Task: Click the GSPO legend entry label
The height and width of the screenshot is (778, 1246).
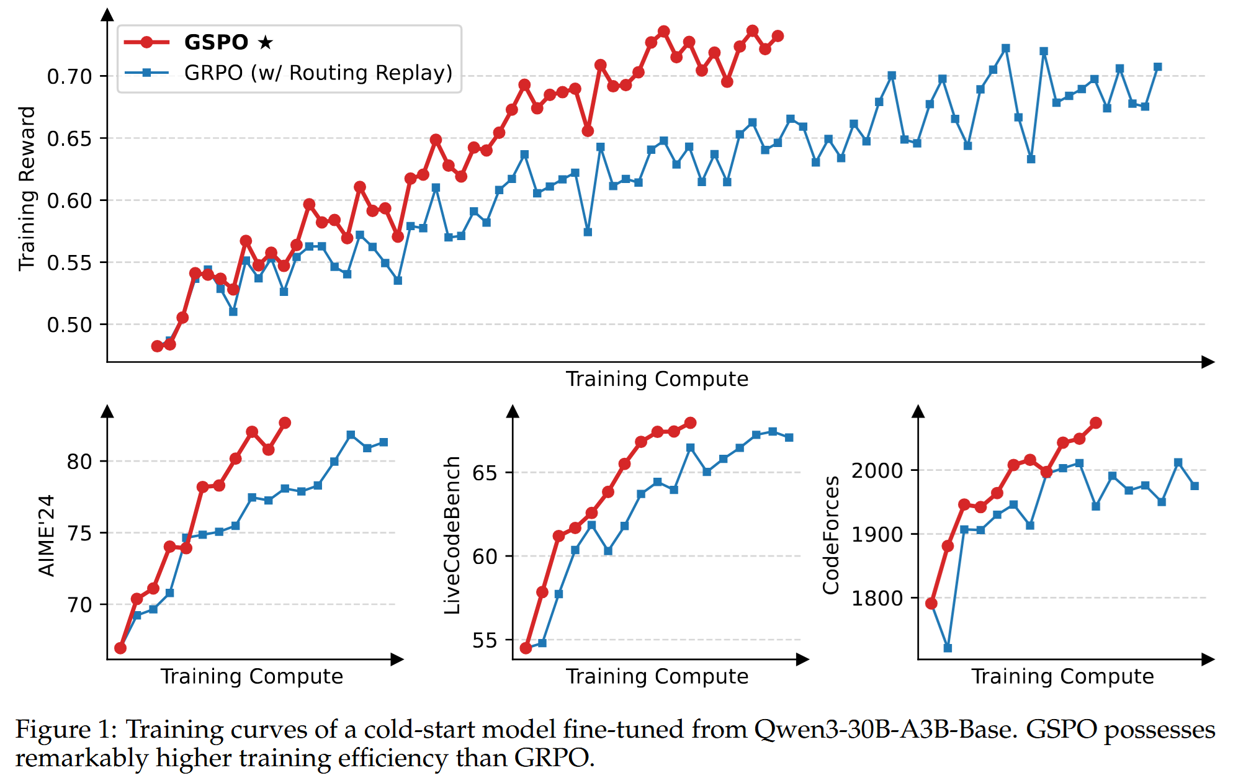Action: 216,42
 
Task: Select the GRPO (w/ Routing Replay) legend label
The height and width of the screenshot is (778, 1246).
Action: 318,73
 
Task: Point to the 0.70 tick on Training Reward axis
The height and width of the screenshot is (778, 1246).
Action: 69,77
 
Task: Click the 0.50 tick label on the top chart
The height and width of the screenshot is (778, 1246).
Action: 69,325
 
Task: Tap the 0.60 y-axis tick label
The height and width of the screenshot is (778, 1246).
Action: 69,201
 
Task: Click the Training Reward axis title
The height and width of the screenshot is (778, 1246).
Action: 27,189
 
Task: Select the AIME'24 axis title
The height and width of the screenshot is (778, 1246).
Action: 47,535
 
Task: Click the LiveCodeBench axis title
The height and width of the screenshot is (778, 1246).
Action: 452,535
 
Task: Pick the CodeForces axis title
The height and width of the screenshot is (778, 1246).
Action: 830,535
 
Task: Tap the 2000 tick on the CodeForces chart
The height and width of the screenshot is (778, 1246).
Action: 876,471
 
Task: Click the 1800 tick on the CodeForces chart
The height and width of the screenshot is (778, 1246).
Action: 876,599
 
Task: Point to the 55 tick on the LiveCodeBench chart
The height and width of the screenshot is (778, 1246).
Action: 485,640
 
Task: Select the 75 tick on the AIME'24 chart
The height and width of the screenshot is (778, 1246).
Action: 79,534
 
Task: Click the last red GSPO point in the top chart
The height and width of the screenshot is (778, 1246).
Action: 778,36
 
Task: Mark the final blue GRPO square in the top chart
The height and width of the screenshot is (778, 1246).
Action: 1157,67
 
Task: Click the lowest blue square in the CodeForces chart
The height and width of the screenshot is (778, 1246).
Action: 948,648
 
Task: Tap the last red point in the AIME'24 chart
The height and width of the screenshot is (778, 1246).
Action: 285,423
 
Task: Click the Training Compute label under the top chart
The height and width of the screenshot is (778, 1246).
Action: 657,379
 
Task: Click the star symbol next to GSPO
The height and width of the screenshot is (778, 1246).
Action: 266,42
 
